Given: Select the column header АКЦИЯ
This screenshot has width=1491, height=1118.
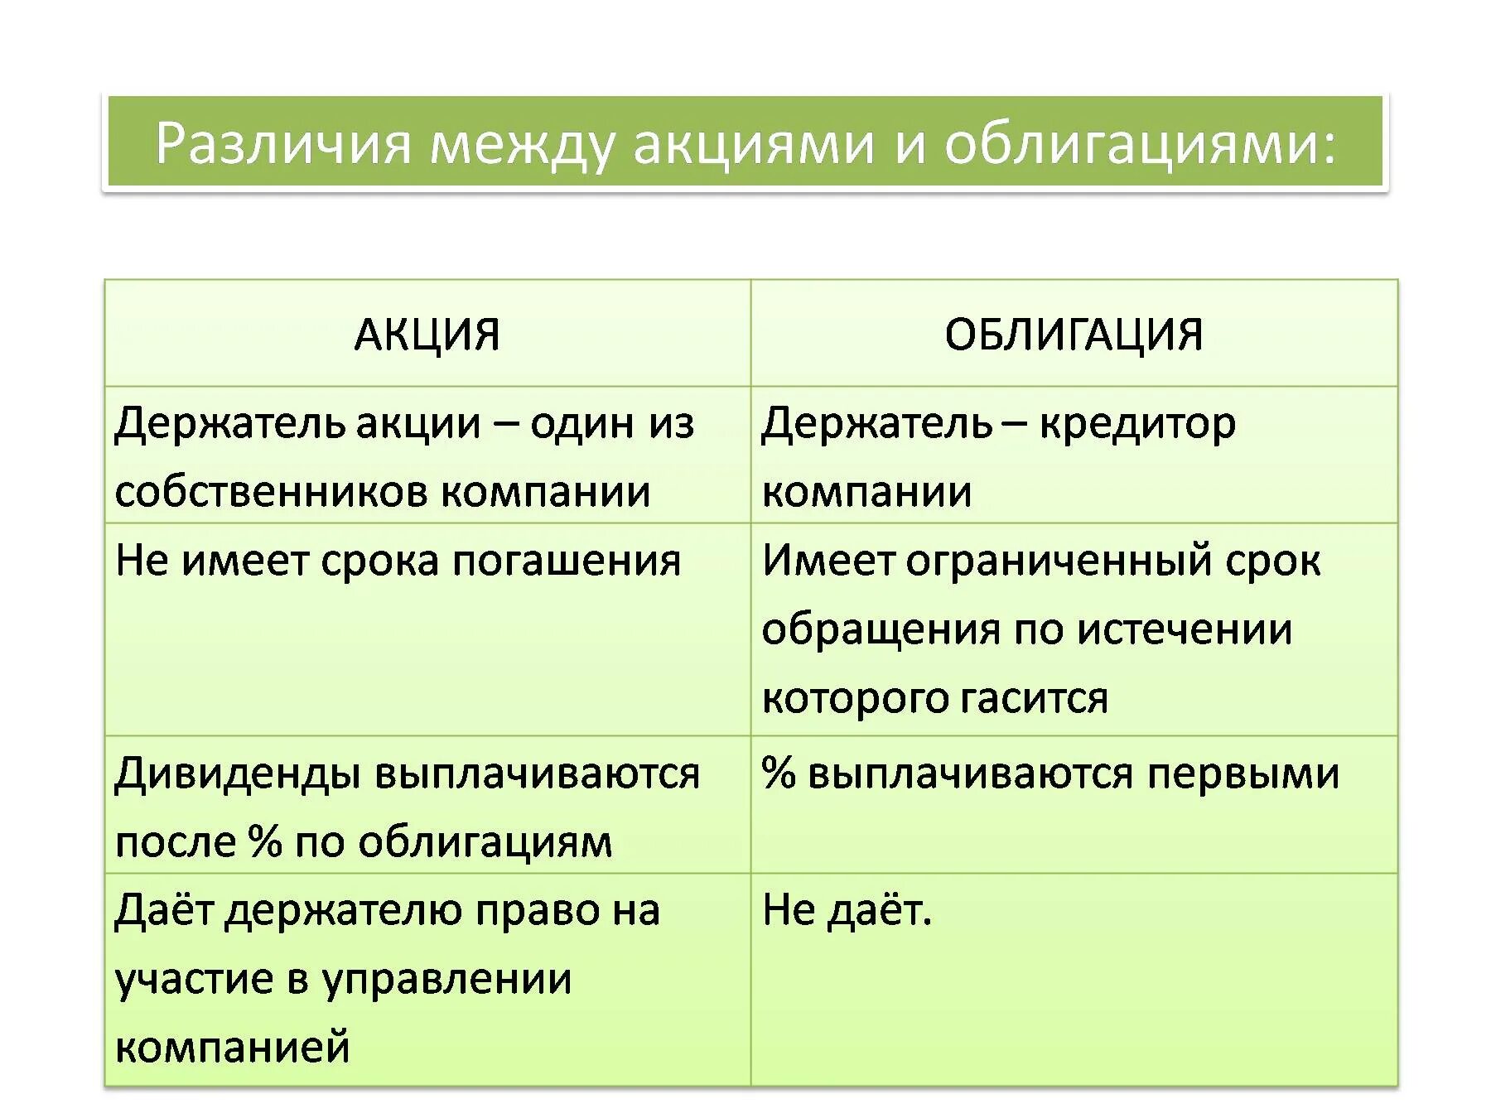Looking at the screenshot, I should click(x=427, y=335).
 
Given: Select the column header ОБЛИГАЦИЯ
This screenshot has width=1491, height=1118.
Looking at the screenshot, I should click(x=1074, y=335).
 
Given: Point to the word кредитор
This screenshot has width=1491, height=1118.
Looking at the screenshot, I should click(x=1137, y=424).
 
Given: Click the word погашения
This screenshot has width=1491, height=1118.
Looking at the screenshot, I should click(x=567, y=562).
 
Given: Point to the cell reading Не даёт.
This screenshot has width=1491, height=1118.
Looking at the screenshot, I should click(x=847, y=910).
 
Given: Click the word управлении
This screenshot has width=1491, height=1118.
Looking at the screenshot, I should click(x=446, y=980).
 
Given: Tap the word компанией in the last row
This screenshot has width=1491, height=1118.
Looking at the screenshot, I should click(x=233, y=1047).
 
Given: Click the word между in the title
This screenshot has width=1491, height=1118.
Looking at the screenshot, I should click(x=522, y=142).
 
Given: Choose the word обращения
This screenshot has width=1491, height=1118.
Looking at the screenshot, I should click(x=881, y=629).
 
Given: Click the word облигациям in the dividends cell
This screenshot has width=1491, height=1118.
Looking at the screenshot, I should click(x=485, y=843).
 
